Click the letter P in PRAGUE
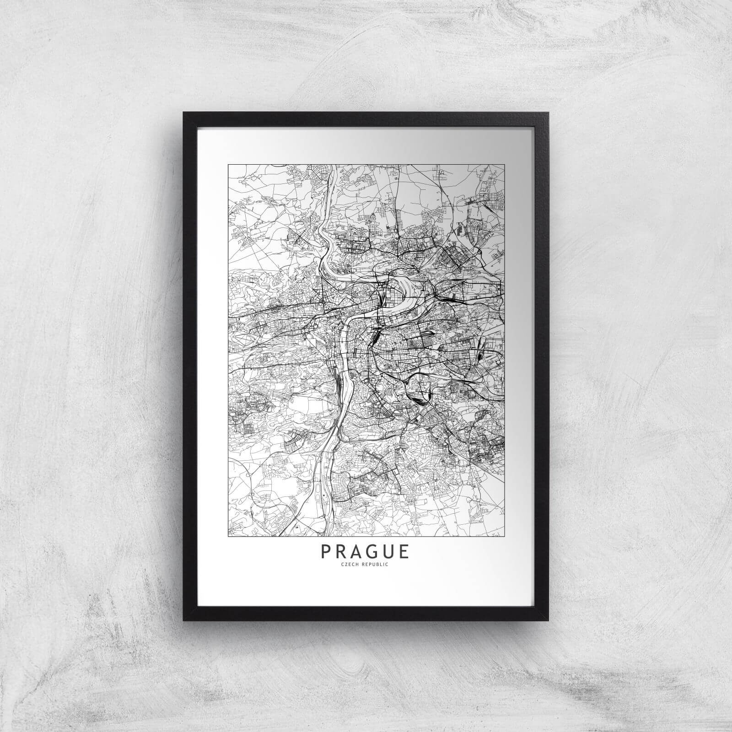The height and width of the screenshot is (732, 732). coord(326,551)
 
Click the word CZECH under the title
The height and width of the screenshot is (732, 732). coord(353,565)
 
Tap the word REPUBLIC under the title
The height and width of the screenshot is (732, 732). coord(376,565)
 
